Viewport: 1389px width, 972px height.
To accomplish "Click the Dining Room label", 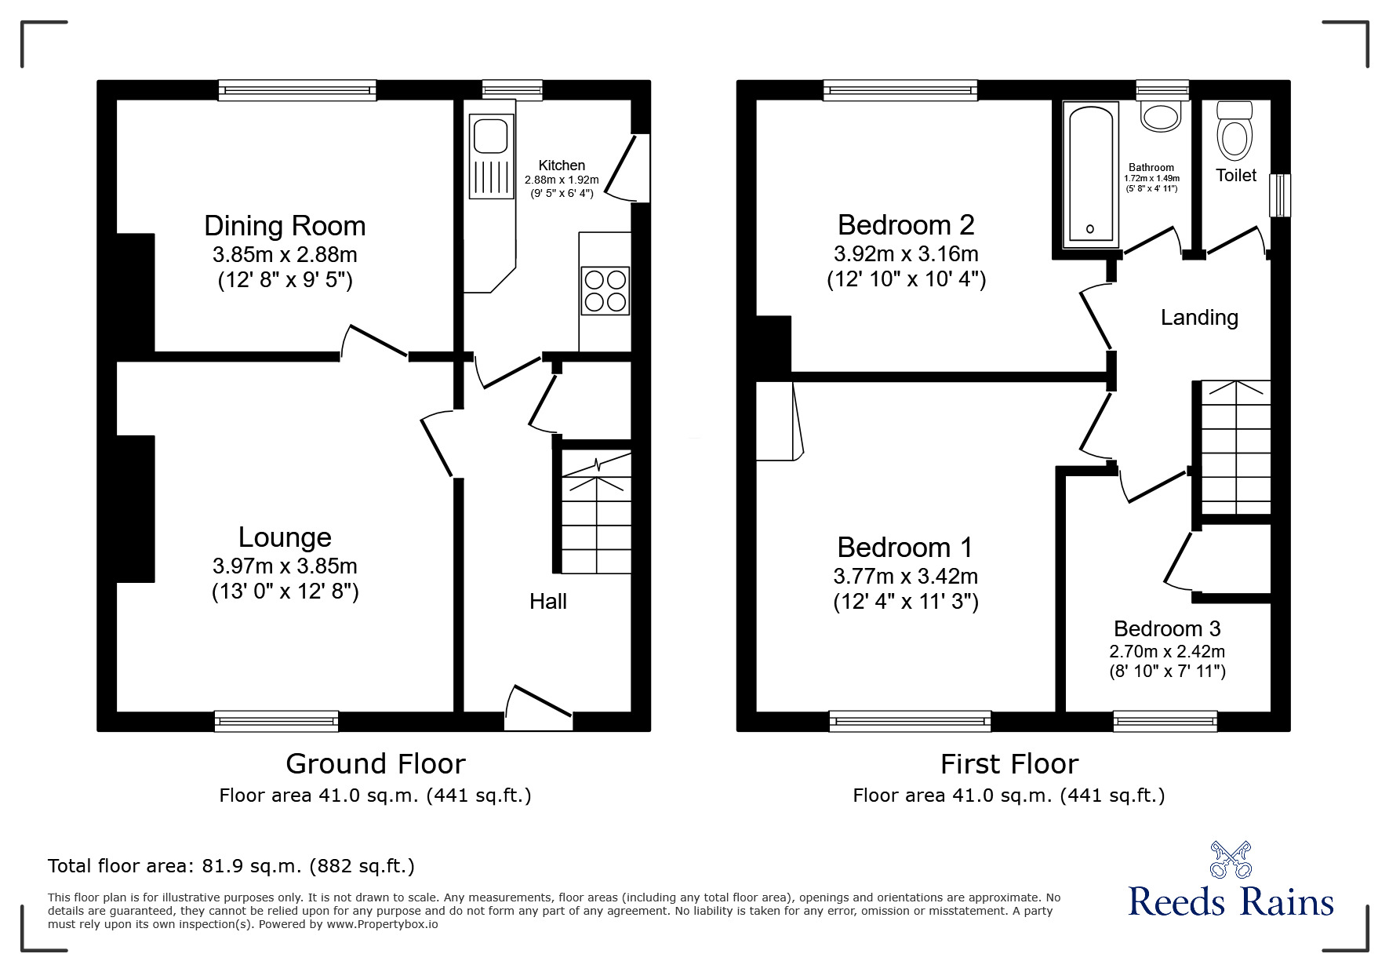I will point(285,226).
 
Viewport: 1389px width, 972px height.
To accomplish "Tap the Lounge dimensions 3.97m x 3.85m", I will point(285,566).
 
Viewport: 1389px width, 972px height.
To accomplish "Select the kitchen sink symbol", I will point(490,136).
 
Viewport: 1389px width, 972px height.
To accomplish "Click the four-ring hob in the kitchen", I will point(605,291).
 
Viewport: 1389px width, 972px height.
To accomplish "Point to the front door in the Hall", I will point(540,708).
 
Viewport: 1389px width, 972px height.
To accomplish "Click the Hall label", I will point(547,602).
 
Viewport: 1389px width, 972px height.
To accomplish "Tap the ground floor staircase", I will point(596,514).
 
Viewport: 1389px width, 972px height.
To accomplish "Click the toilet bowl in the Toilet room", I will point(1235,136).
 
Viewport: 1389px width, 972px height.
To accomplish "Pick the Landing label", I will point(1199,318).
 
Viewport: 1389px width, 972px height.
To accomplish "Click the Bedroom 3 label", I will point(1167,628).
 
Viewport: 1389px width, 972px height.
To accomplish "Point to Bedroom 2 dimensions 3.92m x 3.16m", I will point(906,254).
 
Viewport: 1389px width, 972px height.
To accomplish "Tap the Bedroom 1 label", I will point(905,547).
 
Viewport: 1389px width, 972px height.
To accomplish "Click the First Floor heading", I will point(1009,763).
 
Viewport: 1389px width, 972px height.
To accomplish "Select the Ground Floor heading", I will point(375,763).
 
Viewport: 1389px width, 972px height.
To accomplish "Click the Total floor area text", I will point(231,866).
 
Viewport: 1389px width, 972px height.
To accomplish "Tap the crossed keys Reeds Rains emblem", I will point(1231,859).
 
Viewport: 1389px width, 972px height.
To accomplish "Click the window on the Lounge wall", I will point(276,720).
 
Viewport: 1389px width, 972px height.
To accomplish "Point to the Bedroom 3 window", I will point(1165,720).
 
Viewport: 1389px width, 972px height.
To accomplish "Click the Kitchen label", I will point(562,166).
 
